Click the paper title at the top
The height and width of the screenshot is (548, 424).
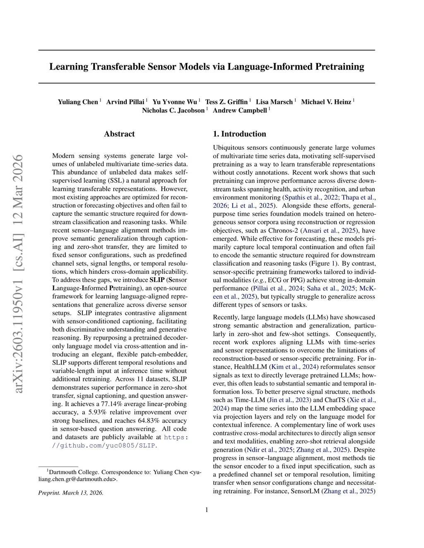(x=207, y=67)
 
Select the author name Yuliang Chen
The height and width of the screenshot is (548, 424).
(x=78, y=102)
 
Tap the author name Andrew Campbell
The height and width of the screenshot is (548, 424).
(x=240, y=110)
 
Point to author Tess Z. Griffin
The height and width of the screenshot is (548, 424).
(x=226, y=102)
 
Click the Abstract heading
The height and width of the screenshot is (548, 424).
(x=119, y=134)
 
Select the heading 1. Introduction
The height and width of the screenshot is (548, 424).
(x=239, y=134)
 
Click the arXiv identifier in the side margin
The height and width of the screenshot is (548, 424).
(x=18, y=273)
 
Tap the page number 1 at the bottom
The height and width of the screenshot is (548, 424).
(x=207, y=510)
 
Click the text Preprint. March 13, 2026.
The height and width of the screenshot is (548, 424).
(x=71, y=493)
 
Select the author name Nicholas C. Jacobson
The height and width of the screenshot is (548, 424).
(x=173, y=110)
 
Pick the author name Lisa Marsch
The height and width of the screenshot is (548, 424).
(x=274, y=102)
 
